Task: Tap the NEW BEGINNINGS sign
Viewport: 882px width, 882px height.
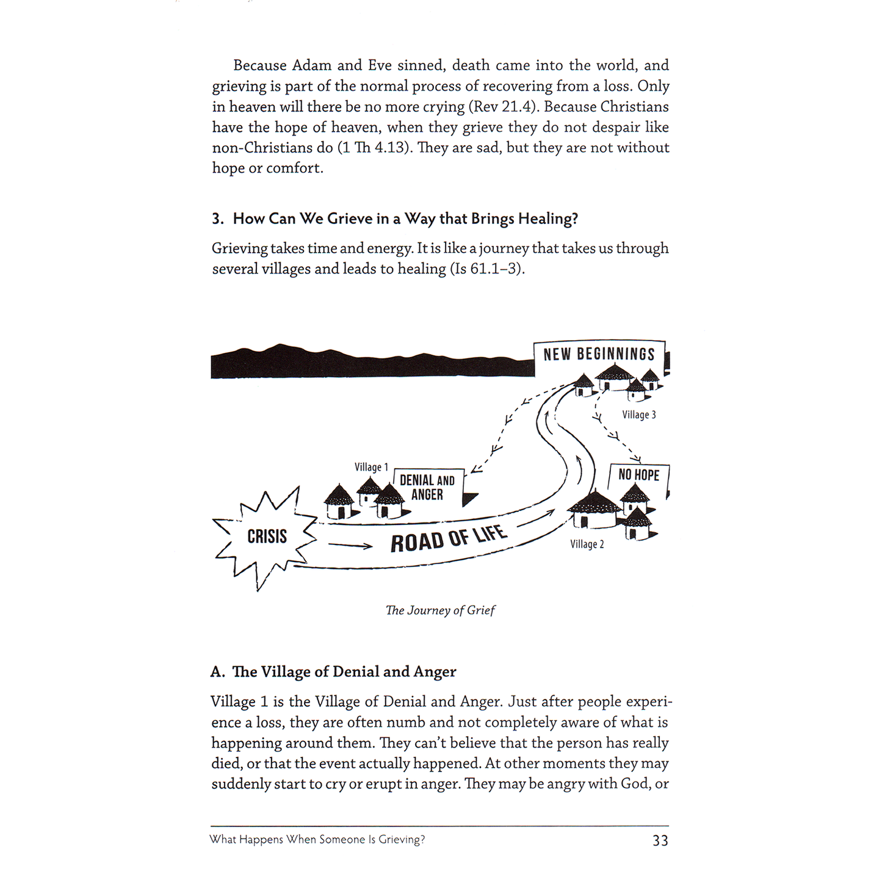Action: point(598,355)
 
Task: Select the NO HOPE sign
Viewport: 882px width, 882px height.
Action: point(638,475)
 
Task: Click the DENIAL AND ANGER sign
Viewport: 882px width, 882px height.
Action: point(427,488)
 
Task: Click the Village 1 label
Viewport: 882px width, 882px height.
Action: point(371,467)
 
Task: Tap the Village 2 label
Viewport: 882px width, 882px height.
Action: point(587,544)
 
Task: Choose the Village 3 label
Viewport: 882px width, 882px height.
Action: point(638,415)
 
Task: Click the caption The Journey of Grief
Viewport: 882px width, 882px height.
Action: point(440,610)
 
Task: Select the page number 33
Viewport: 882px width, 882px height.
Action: point(660,840)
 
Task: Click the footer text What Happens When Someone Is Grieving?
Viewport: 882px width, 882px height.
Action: point(317,840)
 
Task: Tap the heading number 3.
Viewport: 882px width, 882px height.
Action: point(217,219)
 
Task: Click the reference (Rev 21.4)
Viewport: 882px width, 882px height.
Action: point(503,107)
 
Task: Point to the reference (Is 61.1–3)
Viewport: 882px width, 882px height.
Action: point(486,269)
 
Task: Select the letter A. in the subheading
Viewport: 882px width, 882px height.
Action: point(217,672)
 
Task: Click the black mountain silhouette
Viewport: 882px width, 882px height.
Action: point(366,364)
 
